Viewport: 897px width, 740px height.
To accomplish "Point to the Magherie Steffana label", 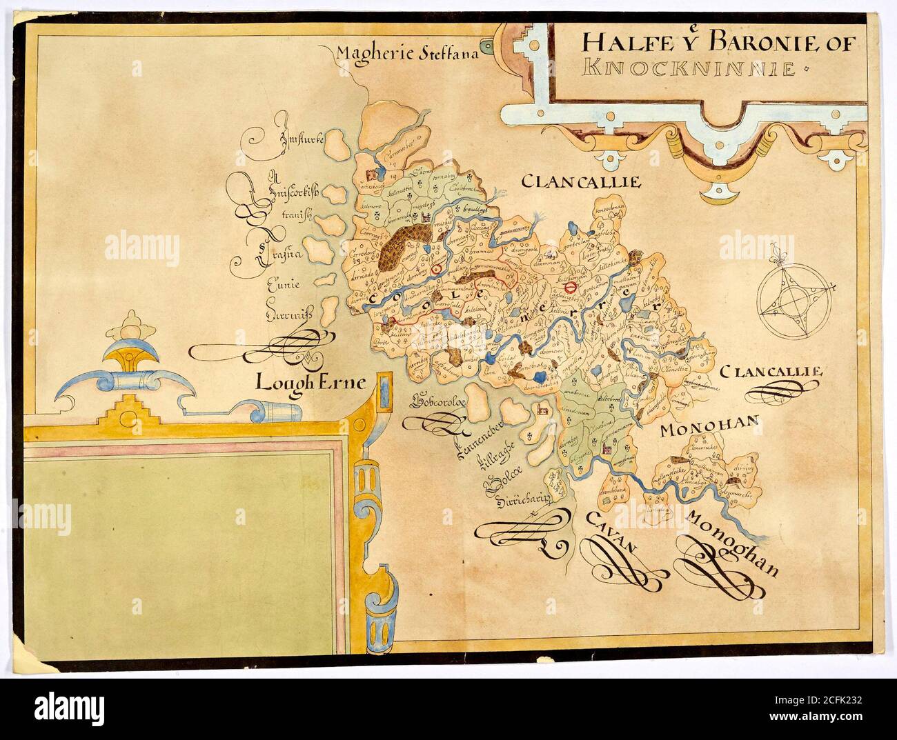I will tap(408, 52).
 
